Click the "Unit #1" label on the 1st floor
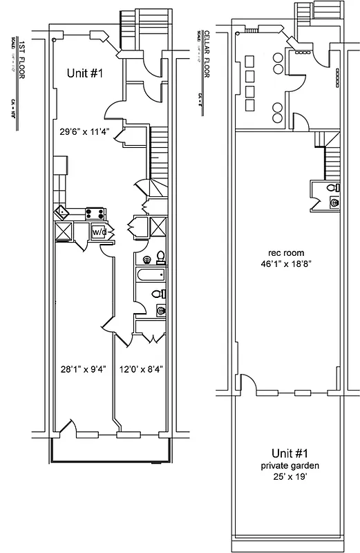(x=86, y=73)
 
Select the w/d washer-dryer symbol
(x=100, y=232)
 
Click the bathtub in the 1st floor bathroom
(x=150, y=276)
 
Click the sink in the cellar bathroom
(x=334, y=203)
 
